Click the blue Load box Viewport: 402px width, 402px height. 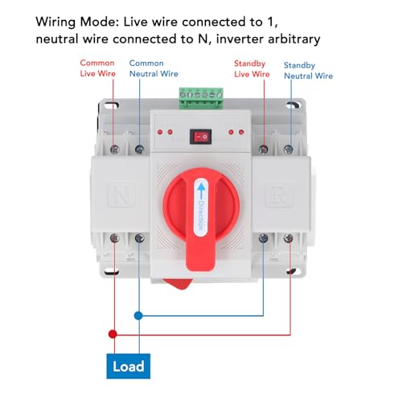pos(129,366)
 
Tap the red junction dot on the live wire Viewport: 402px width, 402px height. pos(113,334)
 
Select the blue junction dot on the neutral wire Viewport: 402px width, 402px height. pos(138,315)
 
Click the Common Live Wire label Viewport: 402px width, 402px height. pos(97,68)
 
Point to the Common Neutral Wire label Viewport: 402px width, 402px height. pos(154,68)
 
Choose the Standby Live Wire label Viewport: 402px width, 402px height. pos(252,69)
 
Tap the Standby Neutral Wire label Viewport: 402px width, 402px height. pos(308,71)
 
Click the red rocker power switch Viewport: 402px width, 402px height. pos(201,137)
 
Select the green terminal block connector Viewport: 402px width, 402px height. pos(201,98)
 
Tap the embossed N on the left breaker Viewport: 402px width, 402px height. pos(121,195)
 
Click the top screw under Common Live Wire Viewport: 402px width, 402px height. pos(115,150)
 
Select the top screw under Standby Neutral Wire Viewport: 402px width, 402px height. pos(288,149)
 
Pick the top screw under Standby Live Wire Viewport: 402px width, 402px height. pos(264,149)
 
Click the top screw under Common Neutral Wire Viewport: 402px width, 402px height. pos(139,149)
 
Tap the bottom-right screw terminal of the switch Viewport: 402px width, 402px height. pos(288,238)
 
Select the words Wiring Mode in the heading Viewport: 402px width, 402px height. pos(77,23)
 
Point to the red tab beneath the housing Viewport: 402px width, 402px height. pos(178,284)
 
